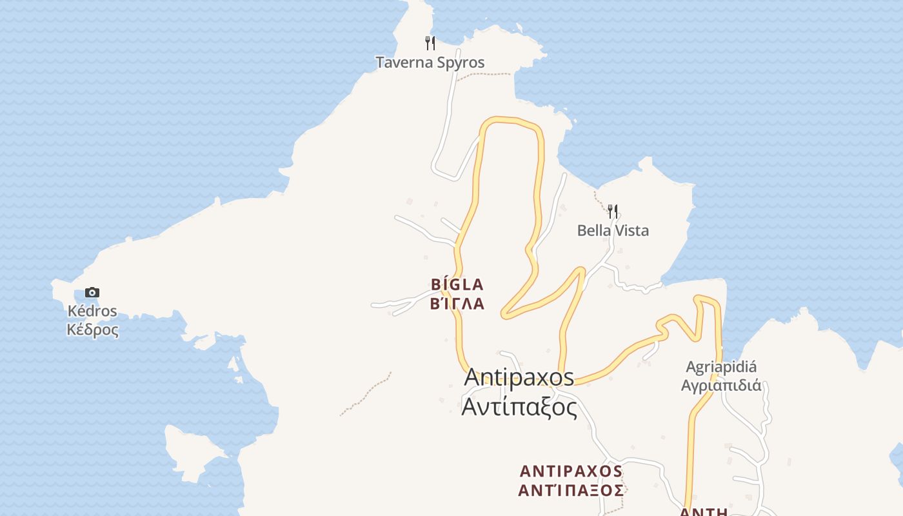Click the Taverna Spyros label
point(430,63)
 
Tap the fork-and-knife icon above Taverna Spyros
point(430,43)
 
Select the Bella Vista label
point(613,230)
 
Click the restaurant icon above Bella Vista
point(613,211)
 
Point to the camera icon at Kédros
point(92,292)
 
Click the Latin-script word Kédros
point(92,311)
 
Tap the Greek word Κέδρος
point(92,330)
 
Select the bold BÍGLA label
point(457,284)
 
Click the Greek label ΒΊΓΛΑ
point(457,303)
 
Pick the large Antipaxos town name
point(519,377)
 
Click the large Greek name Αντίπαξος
point(519,407)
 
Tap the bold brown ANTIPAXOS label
point(571,471)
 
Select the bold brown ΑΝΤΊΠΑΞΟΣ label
point(571,490)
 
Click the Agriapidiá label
point(721,367)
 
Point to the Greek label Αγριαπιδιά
point(721,386)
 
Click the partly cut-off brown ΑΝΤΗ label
point(704,512)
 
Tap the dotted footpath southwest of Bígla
point(365,394)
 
